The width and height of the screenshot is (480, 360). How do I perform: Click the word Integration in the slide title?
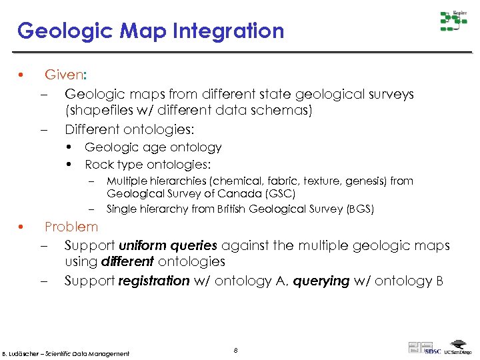tap(227, 31)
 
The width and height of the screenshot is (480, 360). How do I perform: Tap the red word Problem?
tap(71, 227)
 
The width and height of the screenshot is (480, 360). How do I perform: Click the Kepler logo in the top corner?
tap(453, 21)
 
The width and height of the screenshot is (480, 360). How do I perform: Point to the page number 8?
tap(236, 350)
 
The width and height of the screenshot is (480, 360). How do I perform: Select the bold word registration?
tap(154, 281)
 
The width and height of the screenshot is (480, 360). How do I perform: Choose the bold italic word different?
tap(127, 262)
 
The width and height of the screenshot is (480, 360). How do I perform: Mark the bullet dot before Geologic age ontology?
tap(69, 147)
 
